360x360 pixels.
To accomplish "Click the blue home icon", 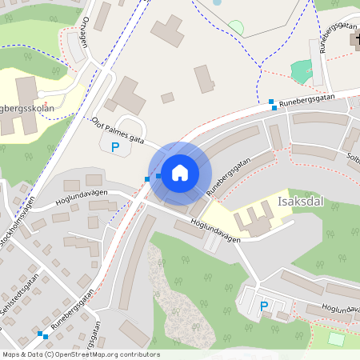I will [180, 172].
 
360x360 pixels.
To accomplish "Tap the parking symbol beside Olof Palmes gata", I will [115, 147].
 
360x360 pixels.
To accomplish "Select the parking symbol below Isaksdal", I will [264, 306].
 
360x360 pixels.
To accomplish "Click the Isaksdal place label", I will [299, 202].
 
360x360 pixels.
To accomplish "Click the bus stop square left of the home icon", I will [148, 178].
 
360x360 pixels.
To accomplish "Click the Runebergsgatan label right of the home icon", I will [229, 176].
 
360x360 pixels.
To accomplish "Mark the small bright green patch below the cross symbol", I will [302, 71].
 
